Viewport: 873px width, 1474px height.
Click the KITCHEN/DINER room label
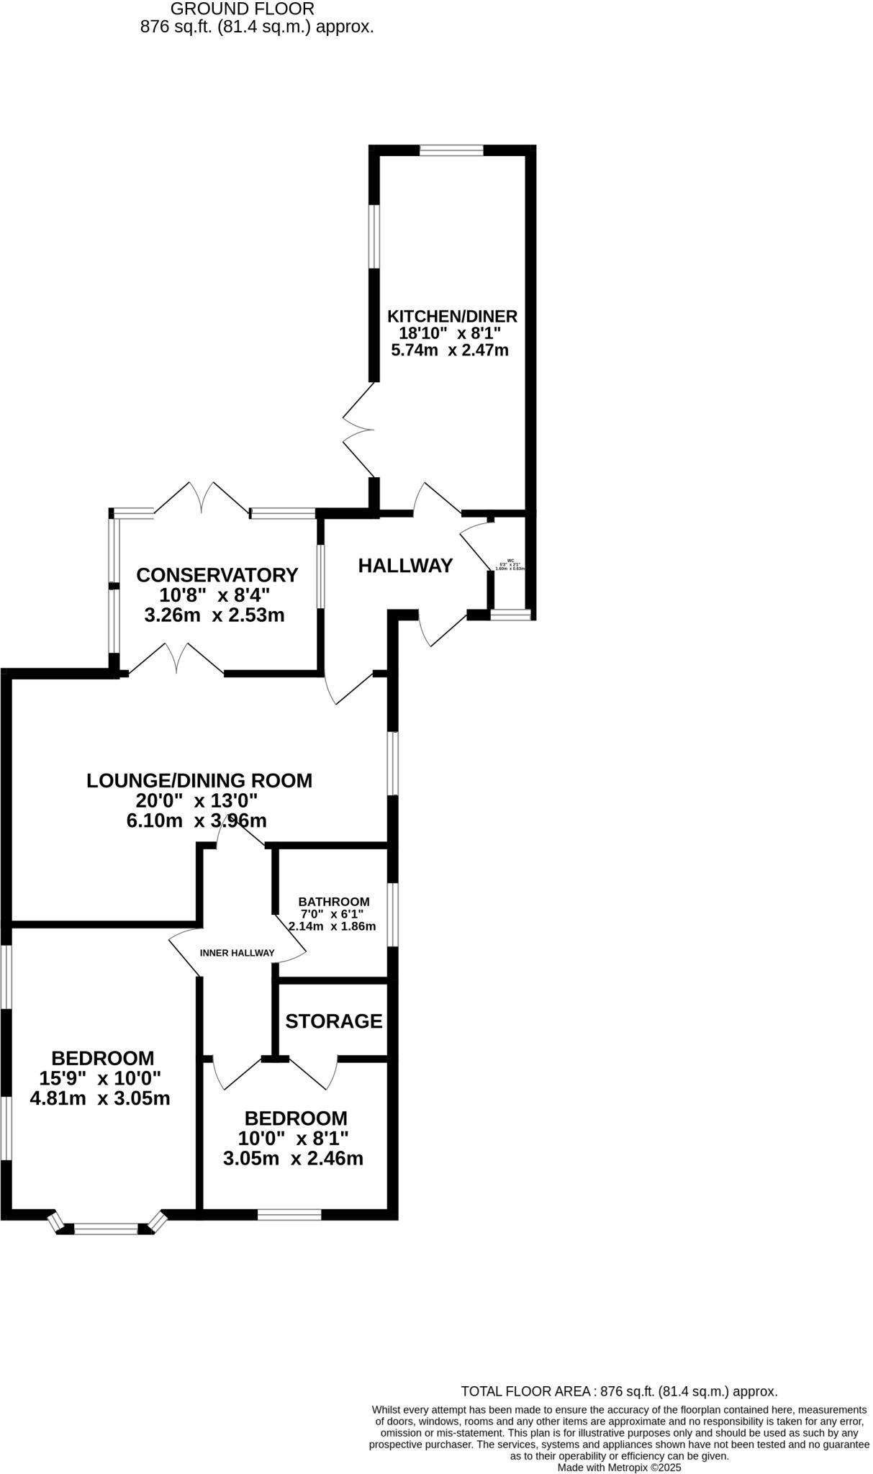pyautogui.click(x=452, y=316)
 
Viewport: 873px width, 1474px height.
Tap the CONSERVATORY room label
pyautogui.click(x=217, y=575)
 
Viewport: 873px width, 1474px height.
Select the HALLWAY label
pyautogui.click(x=405, y=566)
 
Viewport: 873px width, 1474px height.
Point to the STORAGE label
pyautogui.click(x=333, y=1021)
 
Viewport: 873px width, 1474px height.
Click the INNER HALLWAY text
pyautogui.click(x=237, y=953)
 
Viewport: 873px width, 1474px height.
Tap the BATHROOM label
pyautogui.click(x=334, y=901)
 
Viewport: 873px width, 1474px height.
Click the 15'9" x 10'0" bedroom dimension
pyautogui.click(x=100, y=1078)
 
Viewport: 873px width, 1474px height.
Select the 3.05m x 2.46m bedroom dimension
pyautogui.click(x=293, y=1158)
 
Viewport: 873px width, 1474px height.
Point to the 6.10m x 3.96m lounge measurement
pyautogui.click(x=196, y=820)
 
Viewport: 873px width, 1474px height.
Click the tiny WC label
pyautogui.click(x=510, y=561)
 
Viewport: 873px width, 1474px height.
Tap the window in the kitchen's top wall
pyautogui.click(x=451, y=150)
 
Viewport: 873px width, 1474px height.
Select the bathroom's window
pyautogui.click(x=392, y=915)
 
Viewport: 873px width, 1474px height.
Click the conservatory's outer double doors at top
pyautogui.click(x=202, y=498)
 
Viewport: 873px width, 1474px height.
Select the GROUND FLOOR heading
pyautogui.click(x=243, y=9)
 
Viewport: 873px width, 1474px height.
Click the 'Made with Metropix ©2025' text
pyautogui.click(x=618, y=1467)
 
